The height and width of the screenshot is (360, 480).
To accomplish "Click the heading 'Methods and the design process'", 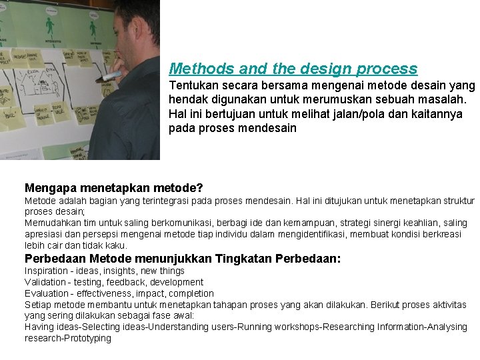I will [x=293, y=69].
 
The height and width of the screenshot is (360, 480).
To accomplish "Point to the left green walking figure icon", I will [x=49, y=27].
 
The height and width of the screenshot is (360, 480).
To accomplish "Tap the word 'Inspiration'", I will [x=46, y=271].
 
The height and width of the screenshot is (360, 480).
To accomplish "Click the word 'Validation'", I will [x=45, y=282].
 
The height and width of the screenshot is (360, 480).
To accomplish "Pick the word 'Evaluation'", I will [x=45, y=293].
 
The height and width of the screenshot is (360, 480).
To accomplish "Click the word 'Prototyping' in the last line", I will [x=86, y=338].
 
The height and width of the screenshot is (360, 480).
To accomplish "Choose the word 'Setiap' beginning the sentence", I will [x=37, y=305].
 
